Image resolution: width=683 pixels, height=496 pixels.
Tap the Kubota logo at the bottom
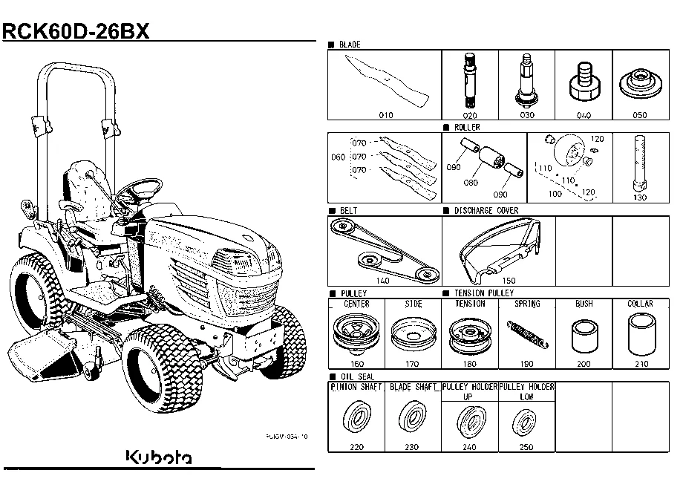click(158, 457)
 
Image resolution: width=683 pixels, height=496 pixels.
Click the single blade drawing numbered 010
click(386, 80)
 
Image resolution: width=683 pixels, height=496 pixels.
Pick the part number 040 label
click(584, 116)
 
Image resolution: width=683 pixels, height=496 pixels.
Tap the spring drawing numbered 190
click(527, 333)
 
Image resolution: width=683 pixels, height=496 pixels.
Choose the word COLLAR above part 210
click(640, 304)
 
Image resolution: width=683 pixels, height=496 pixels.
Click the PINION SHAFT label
click(356, 388)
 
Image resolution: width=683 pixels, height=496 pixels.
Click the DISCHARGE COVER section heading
click(486, 211)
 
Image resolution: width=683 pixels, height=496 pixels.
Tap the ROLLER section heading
click(467, 128)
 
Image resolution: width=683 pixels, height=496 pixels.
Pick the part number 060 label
click(338, 158)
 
